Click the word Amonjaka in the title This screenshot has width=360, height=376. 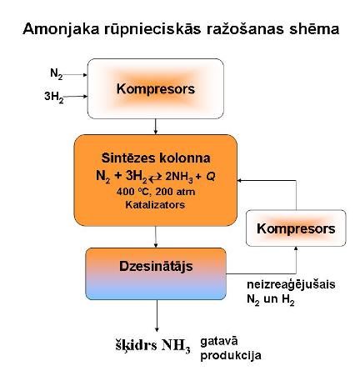point(61,29)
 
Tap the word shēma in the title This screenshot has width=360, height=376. point(314,29)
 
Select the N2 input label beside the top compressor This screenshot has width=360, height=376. point(57,74)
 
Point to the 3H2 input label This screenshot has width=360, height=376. point(54,97)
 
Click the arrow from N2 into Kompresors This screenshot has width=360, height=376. point(75,74)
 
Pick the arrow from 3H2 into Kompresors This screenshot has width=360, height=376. point(76,97)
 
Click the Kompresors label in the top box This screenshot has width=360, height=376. point(156,89)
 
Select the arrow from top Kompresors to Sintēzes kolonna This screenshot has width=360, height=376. point(156,127)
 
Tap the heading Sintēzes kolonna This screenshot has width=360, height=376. point(156,158)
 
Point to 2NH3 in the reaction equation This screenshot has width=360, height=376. point(179,177)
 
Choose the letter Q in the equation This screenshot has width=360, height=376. point(211,176)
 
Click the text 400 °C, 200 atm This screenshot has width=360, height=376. point(156,192)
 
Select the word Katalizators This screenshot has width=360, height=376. point(155,205)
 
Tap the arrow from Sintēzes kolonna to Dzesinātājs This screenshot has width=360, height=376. point(156,237)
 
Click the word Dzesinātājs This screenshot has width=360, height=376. point(156,266)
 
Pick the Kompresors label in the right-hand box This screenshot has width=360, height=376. point(296,229)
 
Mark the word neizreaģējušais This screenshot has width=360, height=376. point(291,285)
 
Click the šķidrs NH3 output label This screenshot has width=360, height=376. point(153,345)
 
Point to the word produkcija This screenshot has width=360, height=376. point(231,356)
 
